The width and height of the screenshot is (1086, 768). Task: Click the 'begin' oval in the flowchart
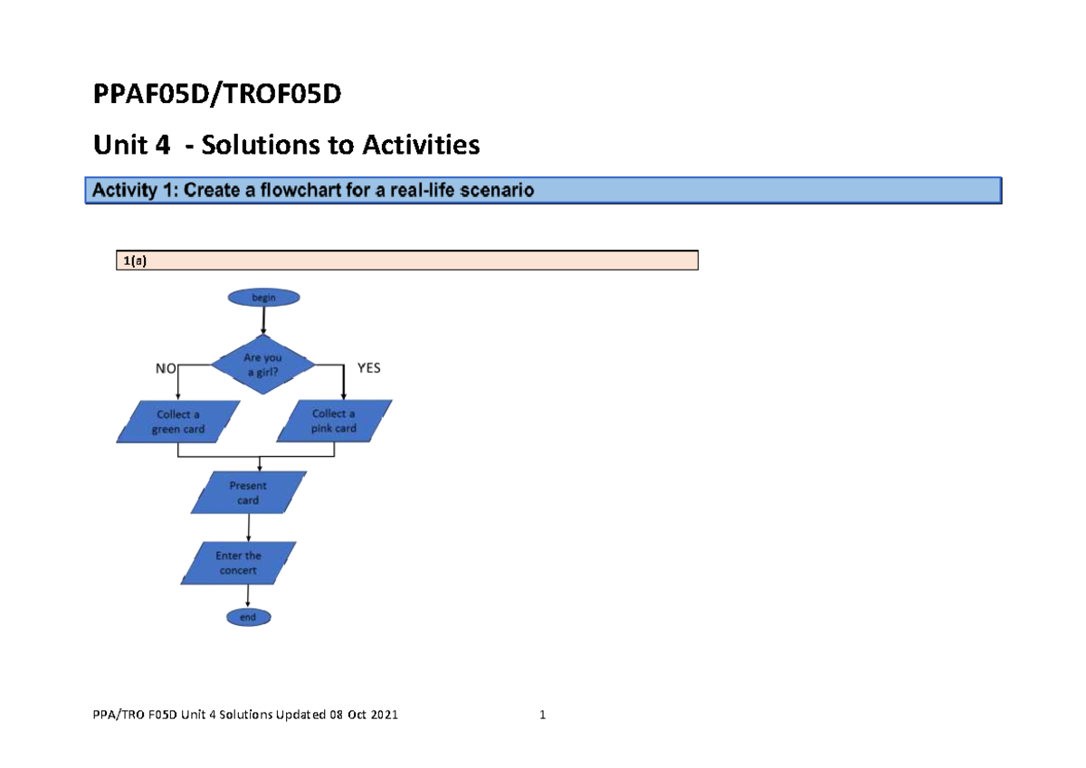pos(263,297)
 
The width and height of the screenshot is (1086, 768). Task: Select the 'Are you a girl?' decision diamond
pos(263,365)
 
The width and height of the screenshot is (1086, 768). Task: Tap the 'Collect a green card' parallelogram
pos(179,422)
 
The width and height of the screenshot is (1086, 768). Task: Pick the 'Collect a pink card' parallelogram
pos(334,422)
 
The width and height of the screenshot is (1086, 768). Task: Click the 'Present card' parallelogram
pos(248,493)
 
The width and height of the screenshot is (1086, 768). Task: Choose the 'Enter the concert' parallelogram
pos(238,564)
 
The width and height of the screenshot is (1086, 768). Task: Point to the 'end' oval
pos(248,618)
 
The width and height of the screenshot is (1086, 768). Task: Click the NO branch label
pos(166,369)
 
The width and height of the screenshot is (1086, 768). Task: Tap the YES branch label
pos(369,369)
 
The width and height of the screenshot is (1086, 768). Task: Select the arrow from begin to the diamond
pos(263,320)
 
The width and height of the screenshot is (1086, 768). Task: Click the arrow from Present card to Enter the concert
pos(249,527)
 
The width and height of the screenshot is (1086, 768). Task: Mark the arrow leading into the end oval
pos(248,597)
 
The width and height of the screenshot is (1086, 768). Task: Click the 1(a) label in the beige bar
pos(134,261)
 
